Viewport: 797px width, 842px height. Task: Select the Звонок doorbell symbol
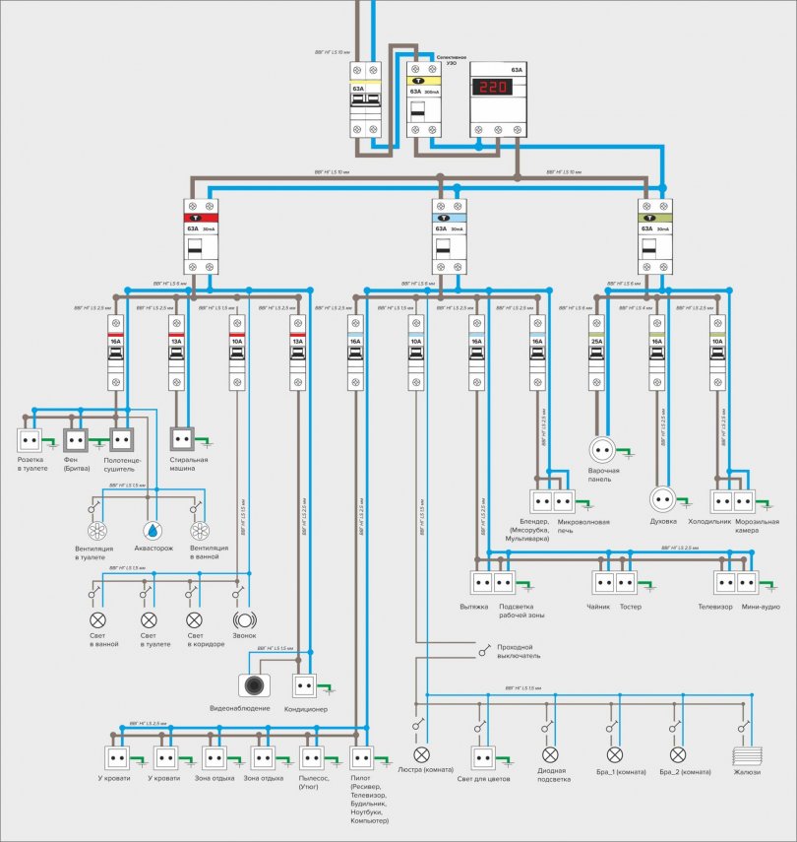[x=243, y=620]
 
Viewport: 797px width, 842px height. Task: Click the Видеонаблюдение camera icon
[x=254, y=685]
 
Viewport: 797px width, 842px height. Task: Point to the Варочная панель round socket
[x=602, y=450]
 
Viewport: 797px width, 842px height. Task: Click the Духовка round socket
[x=662, y=499]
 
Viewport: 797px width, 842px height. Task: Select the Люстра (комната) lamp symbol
[x=422, y=755]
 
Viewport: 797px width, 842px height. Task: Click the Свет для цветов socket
[x=482, y=758]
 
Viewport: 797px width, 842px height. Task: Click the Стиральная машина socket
[x=181, y=436]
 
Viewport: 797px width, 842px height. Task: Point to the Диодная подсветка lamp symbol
[x=547, y=755]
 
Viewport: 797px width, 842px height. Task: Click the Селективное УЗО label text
[x=450, y=61]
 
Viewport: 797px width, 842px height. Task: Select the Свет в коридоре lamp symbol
[x=194, y=620]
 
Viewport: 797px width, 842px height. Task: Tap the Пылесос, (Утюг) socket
[x=312, y=757]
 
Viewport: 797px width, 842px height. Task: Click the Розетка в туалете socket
[x=30, y=437]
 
